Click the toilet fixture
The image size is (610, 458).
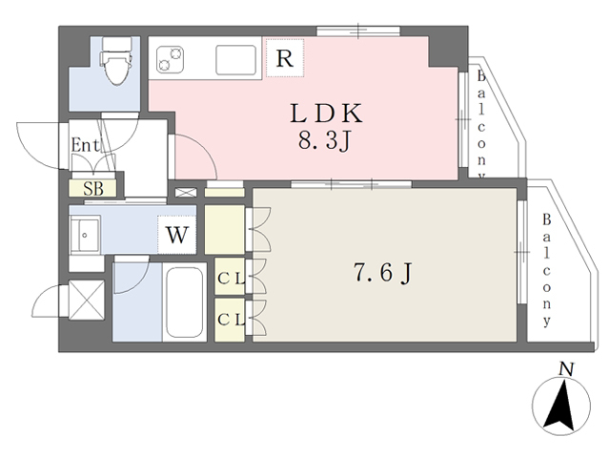point(116,61)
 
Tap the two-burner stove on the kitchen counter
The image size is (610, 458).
point(170,59)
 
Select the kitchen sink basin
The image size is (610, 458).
point(235,60)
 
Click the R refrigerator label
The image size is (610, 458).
point(284,58)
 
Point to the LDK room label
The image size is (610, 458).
point(326,114)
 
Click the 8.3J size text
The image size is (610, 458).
point(325,140)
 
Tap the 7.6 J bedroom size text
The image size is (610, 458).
point(382,272)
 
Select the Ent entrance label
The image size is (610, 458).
point(85,145)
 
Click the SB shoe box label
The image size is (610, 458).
point(93,189)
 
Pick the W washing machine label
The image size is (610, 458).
point(177,235)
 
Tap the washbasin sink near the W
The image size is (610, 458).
point(85,236)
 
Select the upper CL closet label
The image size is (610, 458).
point(231,278)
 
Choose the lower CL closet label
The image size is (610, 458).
point(231,320)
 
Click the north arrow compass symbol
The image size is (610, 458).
point(560,406)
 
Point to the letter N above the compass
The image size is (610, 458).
point(566,369)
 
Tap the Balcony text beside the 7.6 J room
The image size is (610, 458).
point(546,269)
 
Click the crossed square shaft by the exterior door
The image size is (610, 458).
point(87,300)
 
